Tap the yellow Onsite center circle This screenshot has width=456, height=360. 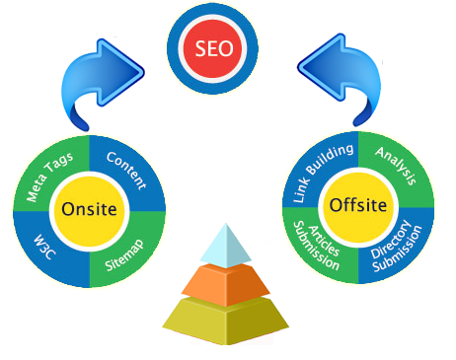coord(90,209)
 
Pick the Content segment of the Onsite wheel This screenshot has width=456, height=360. coord(125,171)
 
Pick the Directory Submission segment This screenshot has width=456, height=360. coord(398,245)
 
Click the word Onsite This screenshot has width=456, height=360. coord(90,209)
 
